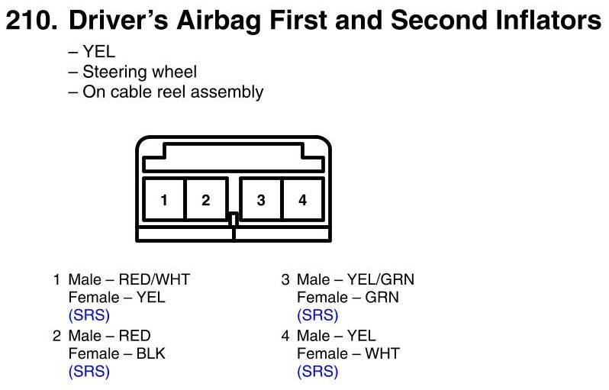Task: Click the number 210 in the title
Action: (31, 20)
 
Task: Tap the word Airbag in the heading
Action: (219, 21)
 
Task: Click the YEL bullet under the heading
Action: (92, 52)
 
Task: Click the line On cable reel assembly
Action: (166, 92)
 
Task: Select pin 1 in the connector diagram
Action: (164, 200)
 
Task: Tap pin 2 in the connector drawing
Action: (206, 200)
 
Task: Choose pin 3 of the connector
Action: (260, 200)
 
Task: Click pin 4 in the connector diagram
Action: (302, 200)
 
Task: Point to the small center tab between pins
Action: (234, 219)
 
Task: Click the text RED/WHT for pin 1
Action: (154, 279)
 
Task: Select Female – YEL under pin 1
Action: (117, 297)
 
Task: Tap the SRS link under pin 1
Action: (89, 314)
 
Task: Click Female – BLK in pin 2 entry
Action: (117, 353)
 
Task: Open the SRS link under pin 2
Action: (89, 372)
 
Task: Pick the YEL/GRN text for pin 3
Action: (381, 279)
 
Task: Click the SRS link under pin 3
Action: (317, 314)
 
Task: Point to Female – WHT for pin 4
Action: (349, 353)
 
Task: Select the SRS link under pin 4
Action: (317, 372)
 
